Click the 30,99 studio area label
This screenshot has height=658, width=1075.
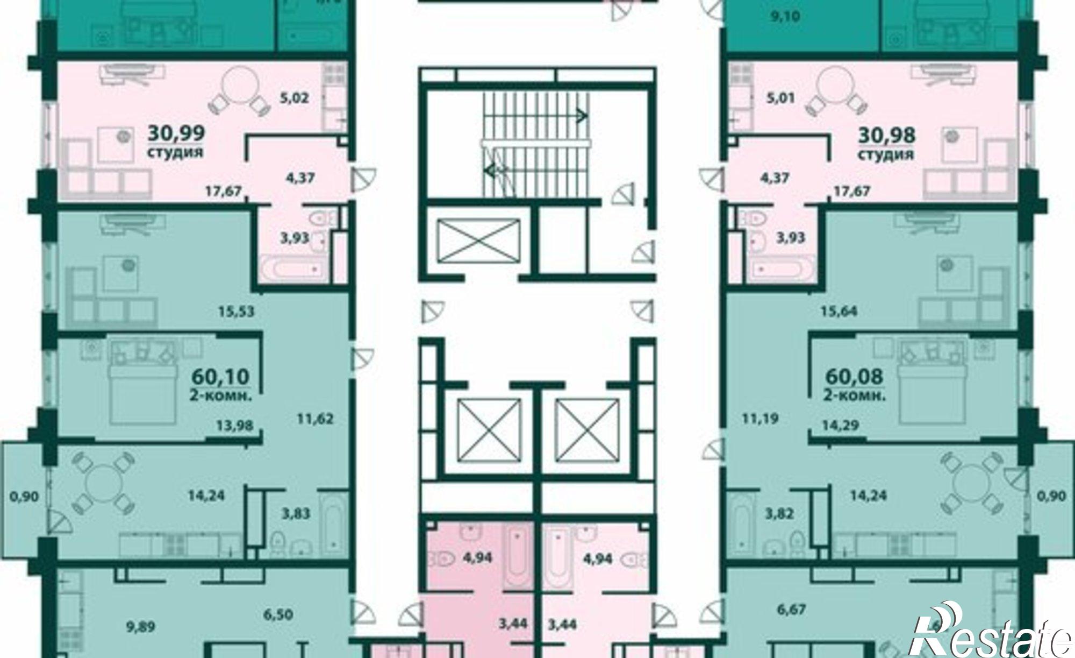click(x=176, y=132)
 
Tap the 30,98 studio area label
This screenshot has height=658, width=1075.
click(x=886, y=135)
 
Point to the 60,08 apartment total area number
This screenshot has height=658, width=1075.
click(x=854, y=377)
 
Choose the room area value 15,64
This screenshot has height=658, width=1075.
click(x=839, y=311)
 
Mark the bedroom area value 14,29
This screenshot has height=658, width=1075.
click(x=840, y=425)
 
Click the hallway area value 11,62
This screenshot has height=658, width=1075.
click(x=314, y=418)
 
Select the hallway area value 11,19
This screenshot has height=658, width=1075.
click(x=759, y=418)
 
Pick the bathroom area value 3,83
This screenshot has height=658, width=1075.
click(x=296, y=513)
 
